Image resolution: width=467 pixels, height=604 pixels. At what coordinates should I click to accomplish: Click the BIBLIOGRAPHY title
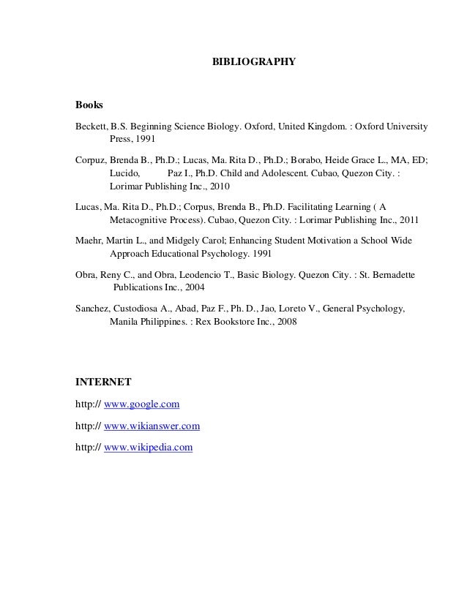(253, 63)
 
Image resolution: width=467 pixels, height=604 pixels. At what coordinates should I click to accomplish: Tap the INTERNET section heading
(103, 381)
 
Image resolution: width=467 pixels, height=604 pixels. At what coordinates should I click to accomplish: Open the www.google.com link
(142, 404)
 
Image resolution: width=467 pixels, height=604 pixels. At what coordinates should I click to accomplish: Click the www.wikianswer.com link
(152, 425)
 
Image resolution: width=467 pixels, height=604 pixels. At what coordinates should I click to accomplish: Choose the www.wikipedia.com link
(149, 446)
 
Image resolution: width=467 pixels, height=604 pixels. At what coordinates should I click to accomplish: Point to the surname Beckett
(91, 126)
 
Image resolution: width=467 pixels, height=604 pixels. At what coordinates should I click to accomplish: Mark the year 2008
(285, 322)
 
